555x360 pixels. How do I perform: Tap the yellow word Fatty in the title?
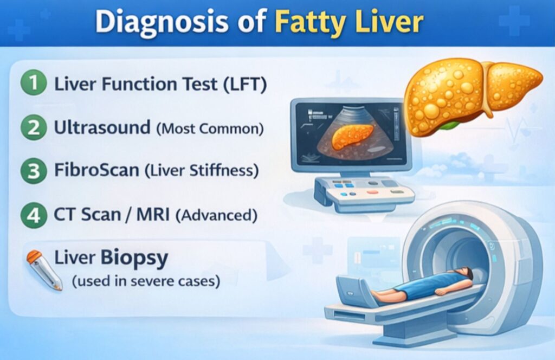(x=304, y=22)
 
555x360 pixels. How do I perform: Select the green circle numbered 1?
(x=34, y=85)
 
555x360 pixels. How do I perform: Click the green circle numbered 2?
(x=34, y=128)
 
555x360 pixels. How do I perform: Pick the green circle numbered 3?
(x=34, y=171)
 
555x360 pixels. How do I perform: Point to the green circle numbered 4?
(x=34, y=215)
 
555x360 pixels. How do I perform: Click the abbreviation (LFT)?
(x=242, y=85)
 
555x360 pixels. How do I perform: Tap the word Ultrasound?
(x=102, y=128)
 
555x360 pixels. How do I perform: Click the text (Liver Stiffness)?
(x=201, y=171)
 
